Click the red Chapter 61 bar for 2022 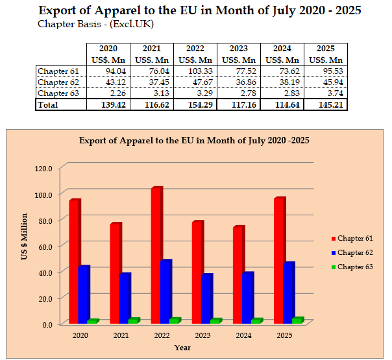point(156,256)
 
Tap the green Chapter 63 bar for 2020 point(92,321)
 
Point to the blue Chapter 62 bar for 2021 point(125,298)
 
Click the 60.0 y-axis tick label point(43,246)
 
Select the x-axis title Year point(182,348)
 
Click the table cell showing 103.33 point(195,71)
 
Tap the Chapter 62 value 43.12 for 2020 point(108,82)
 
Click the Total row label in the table point(48,104)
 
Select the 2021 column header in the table point(151,49)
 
